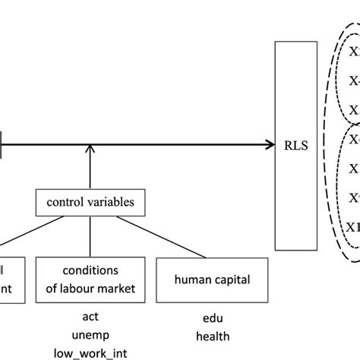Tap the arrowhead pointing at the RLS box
(x=270, y=143)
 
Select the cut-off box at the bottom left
(x=12, y=279)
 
